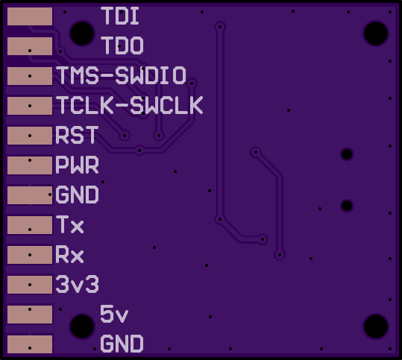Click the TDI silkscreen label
[120, 16]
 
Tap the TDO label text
[122, 45]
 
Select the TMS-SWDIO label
[121, 75]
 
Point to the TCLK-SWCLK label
[130, 105]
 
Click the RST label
[77, 135]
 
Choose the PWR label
[77, 165]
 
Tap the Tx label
[70, 224]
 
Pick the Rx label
[70, 254]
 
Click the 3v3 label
[77, 284]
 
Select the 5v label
[114, 314]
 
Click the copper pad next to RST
[30, 136]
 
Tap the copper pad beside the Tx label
[30, 224]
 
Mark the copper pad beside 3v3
[30, 285]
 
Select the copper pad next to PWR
[30, 165]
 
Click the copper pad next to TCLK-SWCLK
[30, 106]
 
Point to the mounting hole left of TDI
[82, 34]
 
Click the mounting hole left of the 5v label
[82, 326]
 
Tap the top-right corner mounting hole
[376, 34]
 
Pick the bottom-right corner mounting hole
[376, 326]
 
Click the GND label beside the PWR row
[77, 195]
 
